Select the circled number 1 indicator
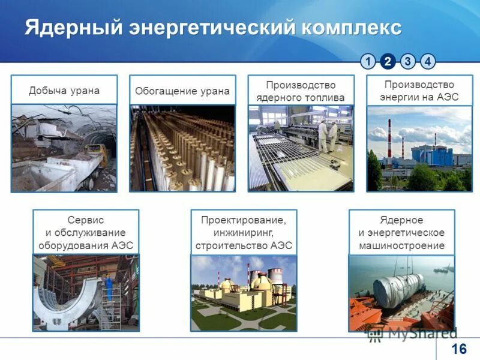368,61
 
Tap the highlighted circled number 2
388,61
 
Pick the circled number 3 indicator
408,61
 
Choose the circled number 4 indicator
428,61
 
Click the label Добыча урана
64,91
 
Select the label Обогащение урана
182,91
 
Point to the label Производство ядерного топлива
301,91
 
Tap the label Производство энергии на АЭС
419,91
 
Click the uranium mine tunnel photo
64,148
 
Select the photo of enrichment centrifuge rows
182,148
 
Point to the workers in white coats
323,135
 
